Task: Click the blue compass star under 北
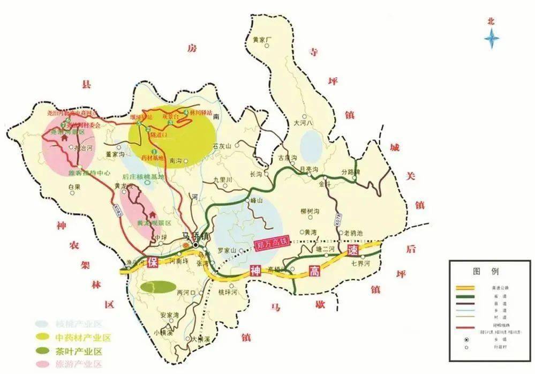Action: tap(492, 40)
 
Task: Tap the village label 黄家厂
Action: tap(263, 39)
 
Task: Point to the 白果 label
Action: tap(74, 186)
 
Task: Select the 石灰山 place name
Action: tap(221, 146)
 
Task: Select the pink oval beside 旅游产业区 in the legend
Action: tap(42, 365)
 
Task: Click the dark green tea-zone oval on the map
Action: tap(157, 287)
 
